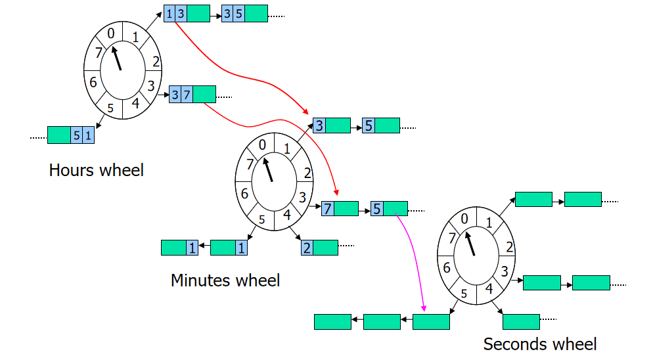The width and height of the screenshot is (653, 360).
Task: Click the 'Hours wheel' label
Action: [96, 170]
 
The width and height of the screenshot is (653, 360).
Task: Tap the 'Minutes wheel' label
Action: [225, 281]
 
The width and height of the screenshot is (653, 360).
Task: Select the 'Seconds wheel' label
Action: [539, 344]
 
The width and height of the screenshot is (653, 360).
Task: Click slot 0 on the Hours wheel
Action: [111, 33]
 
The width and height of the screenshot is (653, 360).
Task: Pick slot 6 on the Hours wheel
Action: [93, 82]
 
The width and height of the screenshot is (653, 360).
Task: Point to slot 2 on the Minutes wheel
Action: [307, 173]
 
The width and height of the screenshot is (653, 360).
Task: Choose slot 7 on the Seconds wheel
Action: [451, 238]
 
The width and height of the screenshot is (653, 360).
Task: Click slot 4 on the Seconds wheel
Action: [488, 288]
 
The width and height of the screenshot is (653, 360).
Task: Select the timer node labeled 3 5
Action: [244, 13]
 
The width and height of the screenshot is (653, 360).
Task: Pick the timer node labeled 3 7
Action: [192, 95]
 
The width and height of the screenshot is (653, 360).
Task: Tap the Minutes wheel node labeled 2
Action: [319, 247]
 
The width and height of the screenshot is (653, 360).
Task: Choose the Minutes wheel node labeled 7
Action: [339, 209]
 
